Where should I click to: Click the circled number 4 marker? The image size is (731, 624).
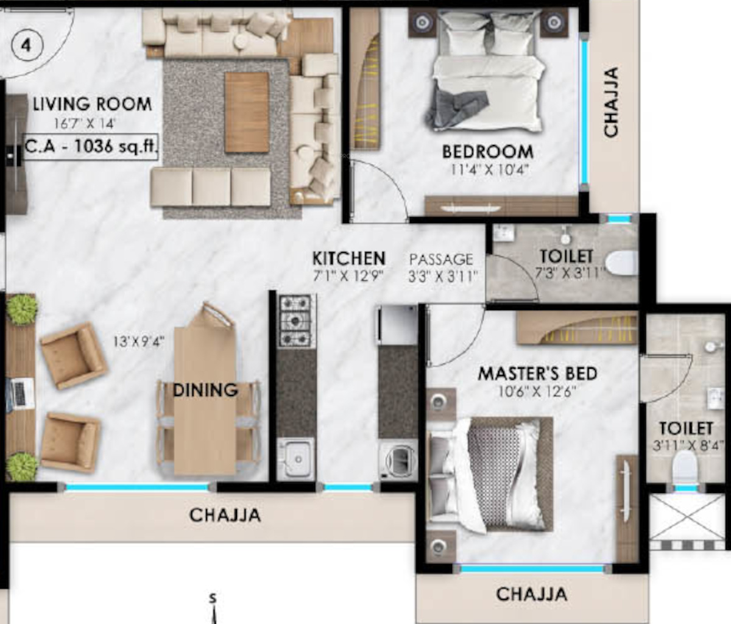point(27,46)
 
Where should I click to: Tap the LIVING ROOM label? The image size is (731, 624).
point(93,104)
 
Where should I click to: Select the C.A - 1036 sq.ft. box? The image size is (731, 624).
point(91,147)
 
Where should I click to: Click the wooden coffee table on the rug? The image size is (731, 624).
point(247,112)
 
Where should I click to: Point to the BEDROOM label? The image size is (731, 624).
point(488,152)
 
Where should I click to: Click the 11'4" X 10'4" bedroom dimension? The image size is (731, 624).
point(489,171)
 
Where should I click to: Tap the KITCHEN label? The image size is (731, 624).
point(349,258)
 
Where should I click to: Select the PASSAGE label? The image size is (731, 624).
point(441,260)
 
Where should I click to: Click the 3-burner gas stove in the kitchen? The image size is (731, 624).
point(295,321)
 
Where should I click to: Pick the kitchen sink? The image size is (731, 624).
point(295,459)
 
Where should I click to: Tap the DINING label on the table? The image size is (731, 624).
point(205,390)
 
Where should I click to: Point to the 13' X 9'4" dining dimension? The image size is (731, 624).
point(138,342)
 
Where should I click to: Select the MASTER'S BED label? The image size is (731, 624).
point(537,374)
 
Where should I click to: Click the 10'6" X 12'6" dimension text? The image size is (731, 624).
point(537,392)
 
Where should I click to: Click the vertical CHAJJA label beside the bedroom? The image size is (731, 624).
point(611,102)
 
